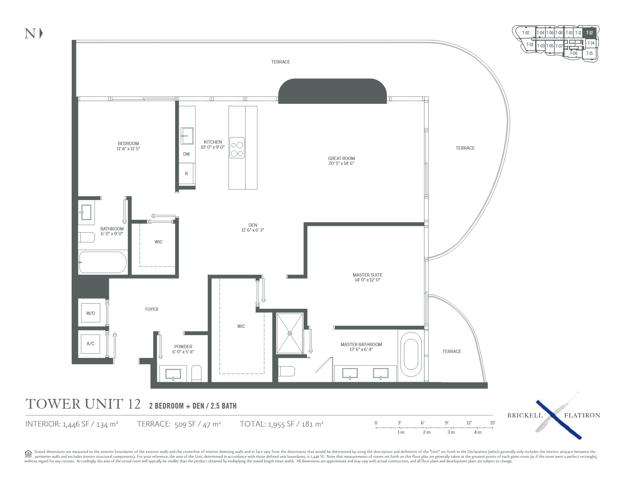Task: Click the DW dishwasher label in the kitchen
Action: tap(186, 154)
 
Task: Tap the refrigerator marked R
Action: tap(187, 173)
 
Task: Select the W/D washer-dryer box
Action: tap(90, 313)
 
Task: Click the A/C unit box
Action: tap(90, 344)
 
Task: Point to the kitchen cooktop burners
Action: tap(237, 148)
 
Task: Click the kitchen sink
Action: tap(187, 136)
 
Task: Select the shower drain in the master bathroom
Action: tap(290, 333)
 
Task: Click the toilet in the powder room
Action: tap(196, 373)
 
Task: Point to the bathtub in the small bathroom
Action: tap(103, 262)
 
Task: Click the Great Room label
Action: tap(341, 158)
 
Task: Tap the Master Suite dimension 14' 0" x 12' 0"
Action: tap(368, 280)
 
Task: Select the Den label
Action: tap(253, 225)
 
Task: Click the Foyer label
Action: tap(152, 309)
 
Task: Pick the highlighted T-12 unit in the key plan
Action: tap(589, 33)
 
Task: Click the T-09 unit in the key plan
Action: tap(573, 53)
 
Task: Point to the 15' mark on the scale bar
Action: tap(492, 423)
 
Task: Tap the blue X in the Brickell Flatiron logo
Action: tap(558, 419)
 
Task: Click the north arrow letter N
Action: tap(30, 33)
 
